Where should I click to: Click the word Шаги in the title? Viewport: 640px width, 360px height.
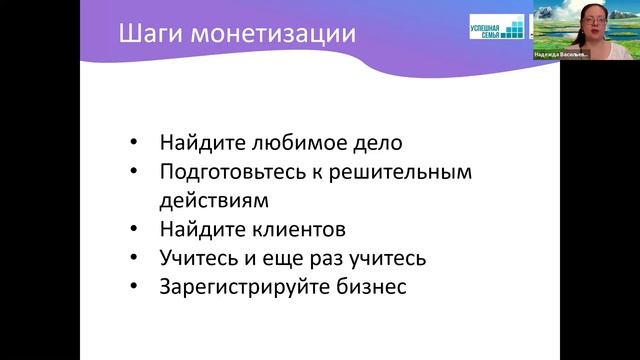click(145, 35)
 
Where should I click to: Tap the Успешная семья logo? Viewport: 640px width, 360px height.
click(496, 27)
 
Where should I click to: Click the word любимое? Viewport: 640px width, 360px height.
click(283, 143)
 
